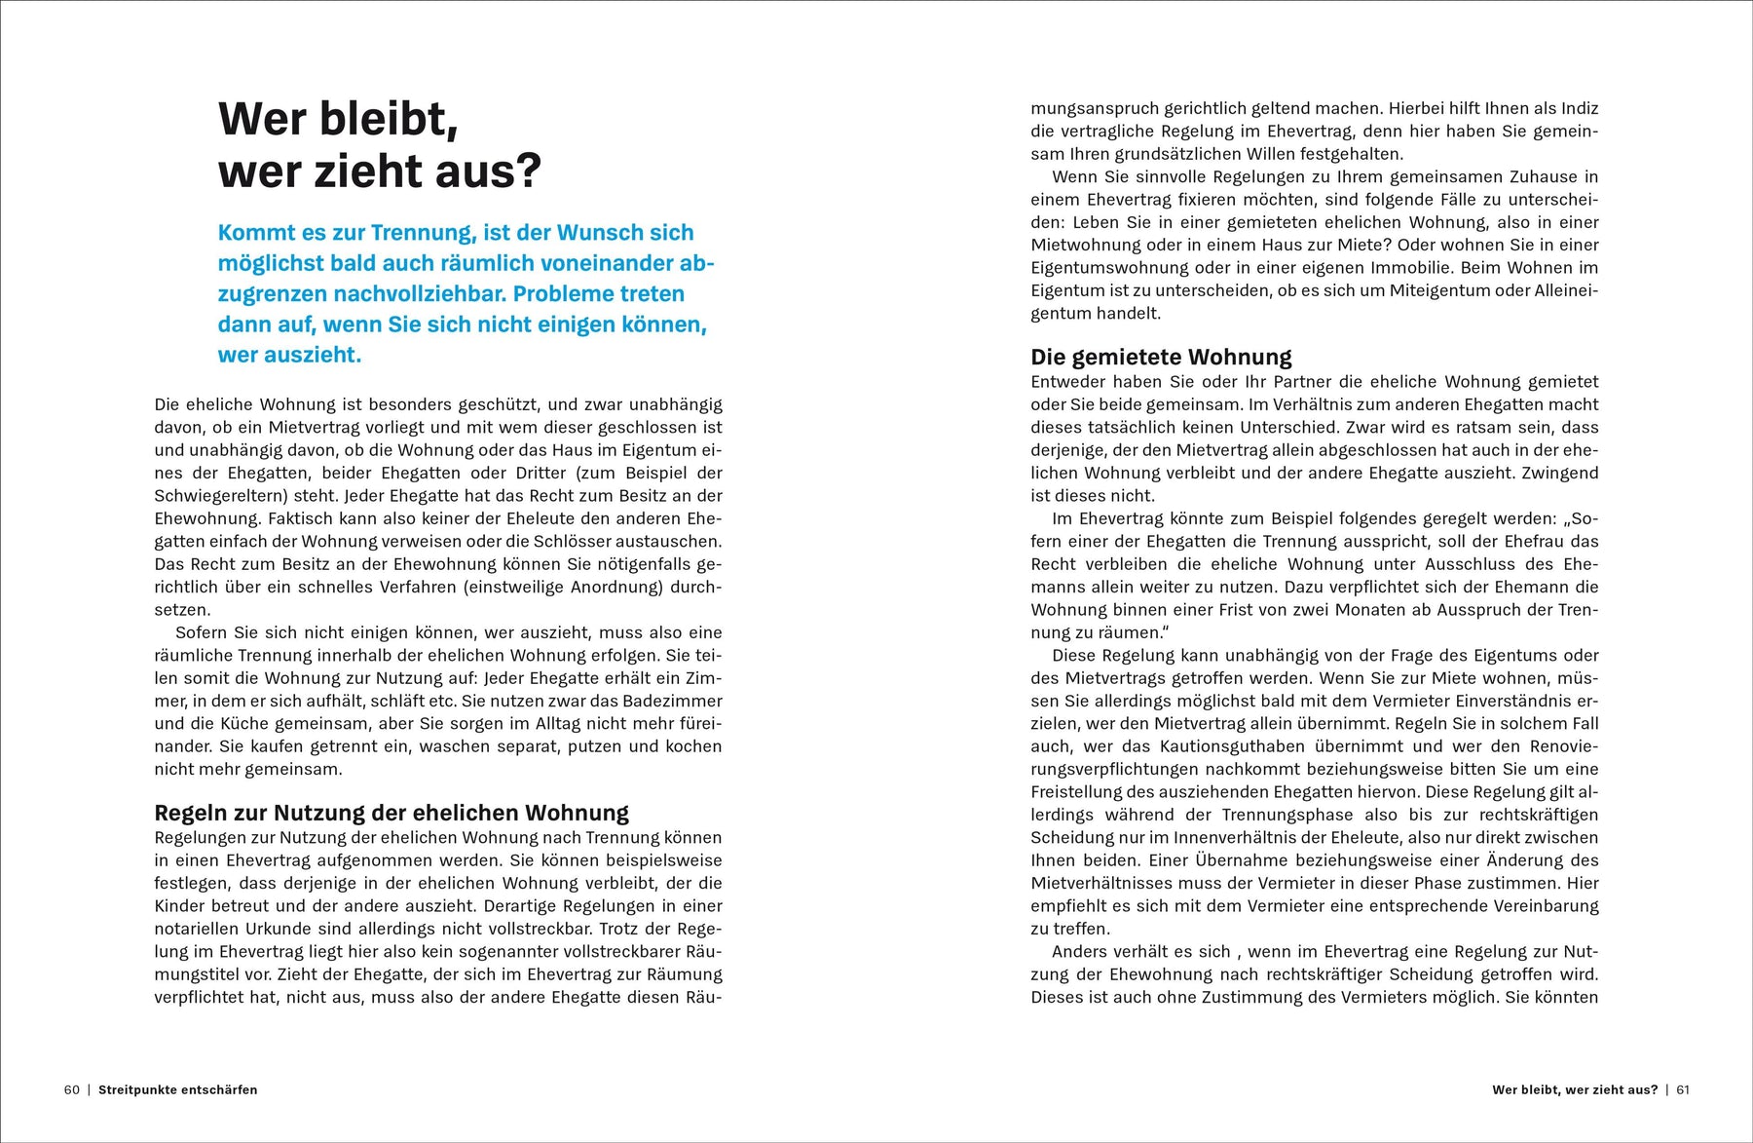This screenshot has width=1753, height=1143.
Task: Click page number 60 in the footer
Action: (72, 1089)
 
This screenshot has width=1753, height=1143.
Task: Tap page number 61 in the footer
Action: (1683, 1089)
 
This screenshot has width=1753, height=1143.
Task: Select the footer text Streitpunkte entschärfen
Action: (178, 1089)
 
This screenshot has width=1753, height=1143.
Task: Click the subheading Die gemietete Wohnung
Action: (1161, 357)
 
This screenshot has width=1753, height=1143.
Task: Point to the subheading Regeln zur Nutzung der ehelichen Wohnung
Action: (392, 813)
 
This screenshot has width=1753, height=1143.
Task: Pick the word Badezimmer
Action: (673, 701)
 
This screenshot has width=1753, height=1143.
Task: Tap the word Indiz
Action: (1579, 108)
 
